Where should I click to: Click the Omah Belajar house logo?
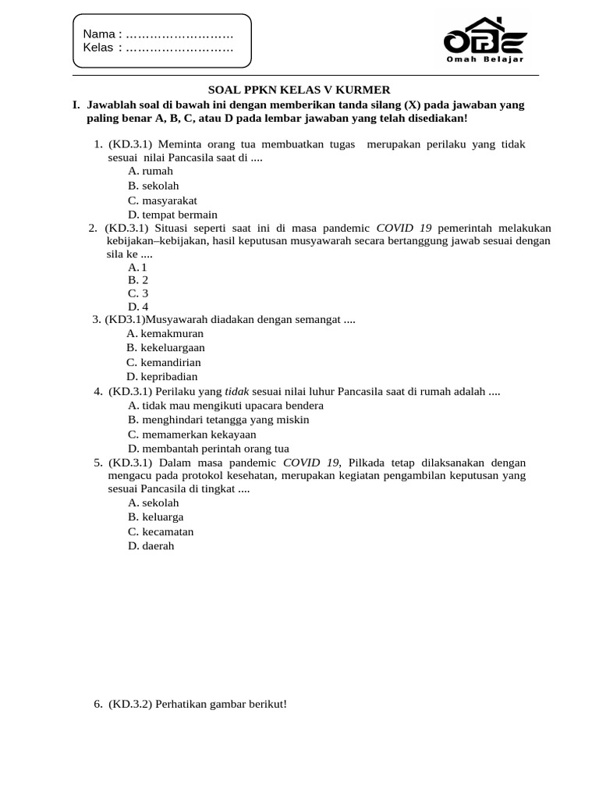[x=484, y=39]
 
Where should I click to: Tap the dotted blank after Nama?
[x=179, y=34]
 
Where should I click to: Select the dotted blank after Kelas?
[x=179, y=48]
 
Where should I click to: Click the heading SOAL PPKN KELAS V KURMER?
[x=299, y=90]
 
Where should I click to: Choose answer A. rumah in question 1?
[x=151, y=171]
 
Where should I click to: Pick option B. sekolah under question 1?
[x=154, y=186]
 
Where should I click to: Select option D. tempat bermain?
[x=172, y=215]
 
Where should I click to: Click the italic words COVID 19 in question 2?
[x=404, y=228]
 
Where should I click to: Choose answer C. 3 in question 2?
[x=138, y=293]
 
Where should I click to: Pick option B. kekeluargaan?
[x=166, y=347]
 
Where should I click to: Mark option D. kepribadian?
[x=163, y=376]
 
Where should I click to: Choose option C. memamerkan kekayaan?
[x=192, y=435]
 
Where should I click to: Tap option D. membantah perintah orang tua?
[x=208, y=449]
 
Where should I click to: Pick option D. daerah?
[x=151, y=546]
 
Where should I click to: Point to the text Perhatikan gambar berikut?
[x=221, y=704]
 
